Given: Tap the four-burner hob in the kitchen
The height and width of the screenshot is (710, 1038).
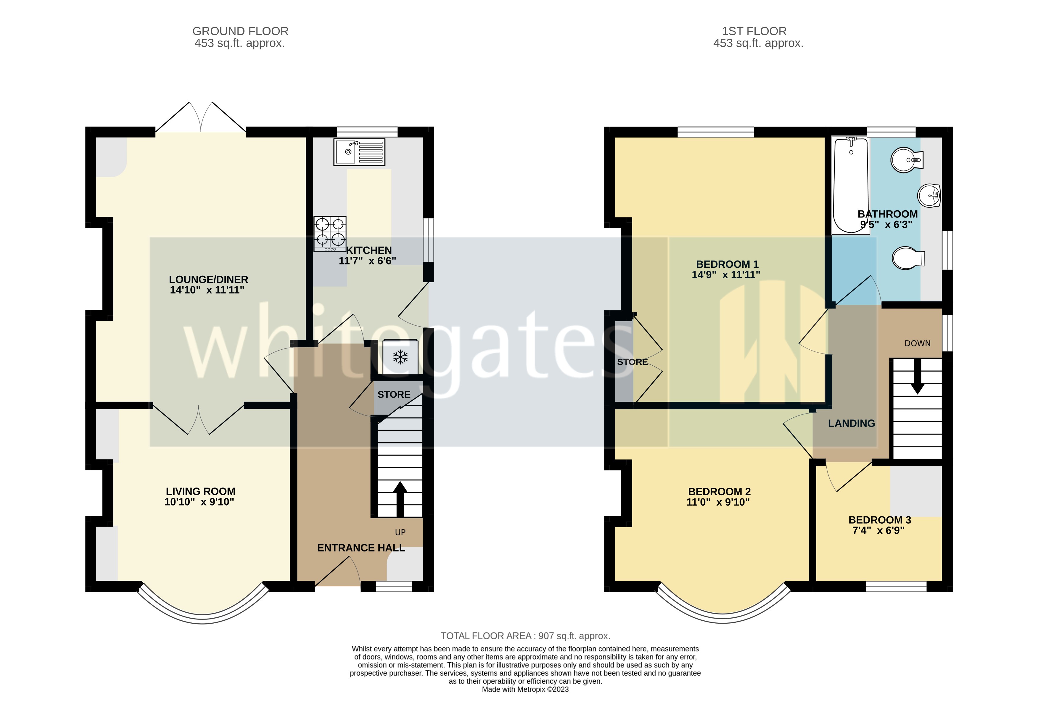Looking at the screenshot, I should [330, 233].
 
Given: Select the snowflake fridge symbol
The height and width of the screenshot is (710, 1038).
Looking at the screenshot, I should [400, 357].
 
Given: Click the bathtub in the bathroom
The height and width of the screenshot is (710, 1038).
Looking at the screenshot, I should [850, 185].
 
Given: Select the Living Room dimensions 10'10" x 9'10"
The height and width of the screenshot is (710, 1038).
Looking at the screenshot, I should [199, 502].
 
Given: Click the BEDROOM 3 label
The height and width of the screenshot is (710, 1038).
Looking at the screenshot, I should [879, 520].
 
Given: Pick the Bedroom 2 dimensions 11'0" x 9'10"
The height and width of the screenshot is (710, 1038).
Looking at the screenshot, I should [718, 502].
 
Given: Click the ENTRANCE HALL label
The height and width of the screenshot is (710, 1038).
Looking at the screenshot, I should [361, 548].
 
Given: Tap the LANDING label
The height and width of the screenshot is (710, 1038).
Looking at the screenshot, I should [851, 423].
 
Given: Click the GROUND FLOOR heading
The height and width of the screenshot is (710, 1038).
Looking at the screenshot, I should [240, 31].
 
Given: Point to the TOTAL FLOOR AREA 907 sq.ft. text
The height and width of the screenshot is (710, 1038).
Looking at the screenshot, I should [525, 636].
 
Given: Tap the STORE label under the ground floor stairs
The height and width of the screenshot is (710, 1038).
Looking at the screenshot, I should [393, 394].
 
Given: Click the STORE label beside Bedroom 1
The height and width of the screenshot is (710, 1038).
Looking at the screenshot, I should [633, 362].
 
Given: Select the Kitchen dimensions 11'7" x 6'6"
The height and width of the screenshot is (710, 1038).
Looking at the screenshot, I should [367, 261].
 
